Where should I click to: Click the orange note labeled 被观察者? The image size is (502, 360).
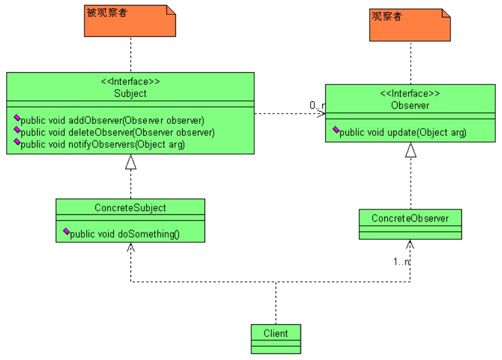130,21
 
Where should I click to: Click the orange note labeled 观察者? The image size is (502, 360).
410,25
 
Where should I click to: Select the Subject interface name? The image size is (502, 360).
130,93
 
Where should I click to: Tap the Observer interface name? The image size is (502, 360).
410,105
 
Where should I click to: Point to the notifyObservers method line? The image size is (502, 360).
102,144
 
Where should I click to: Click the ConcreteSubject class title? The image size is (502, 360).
130,208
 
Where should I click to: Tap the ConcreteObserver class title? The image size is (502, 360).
410,217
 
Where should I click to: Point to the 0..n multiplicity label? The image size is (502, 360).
317,106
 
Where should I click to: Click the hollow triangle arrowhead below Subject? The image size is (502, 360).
131,161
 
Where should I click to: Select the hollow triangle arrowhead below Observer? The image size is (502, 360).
411,149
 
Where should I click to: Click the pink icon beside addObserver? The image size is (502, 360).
16,118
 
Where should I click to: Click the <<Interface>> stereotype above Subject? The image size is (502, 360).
130,82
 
